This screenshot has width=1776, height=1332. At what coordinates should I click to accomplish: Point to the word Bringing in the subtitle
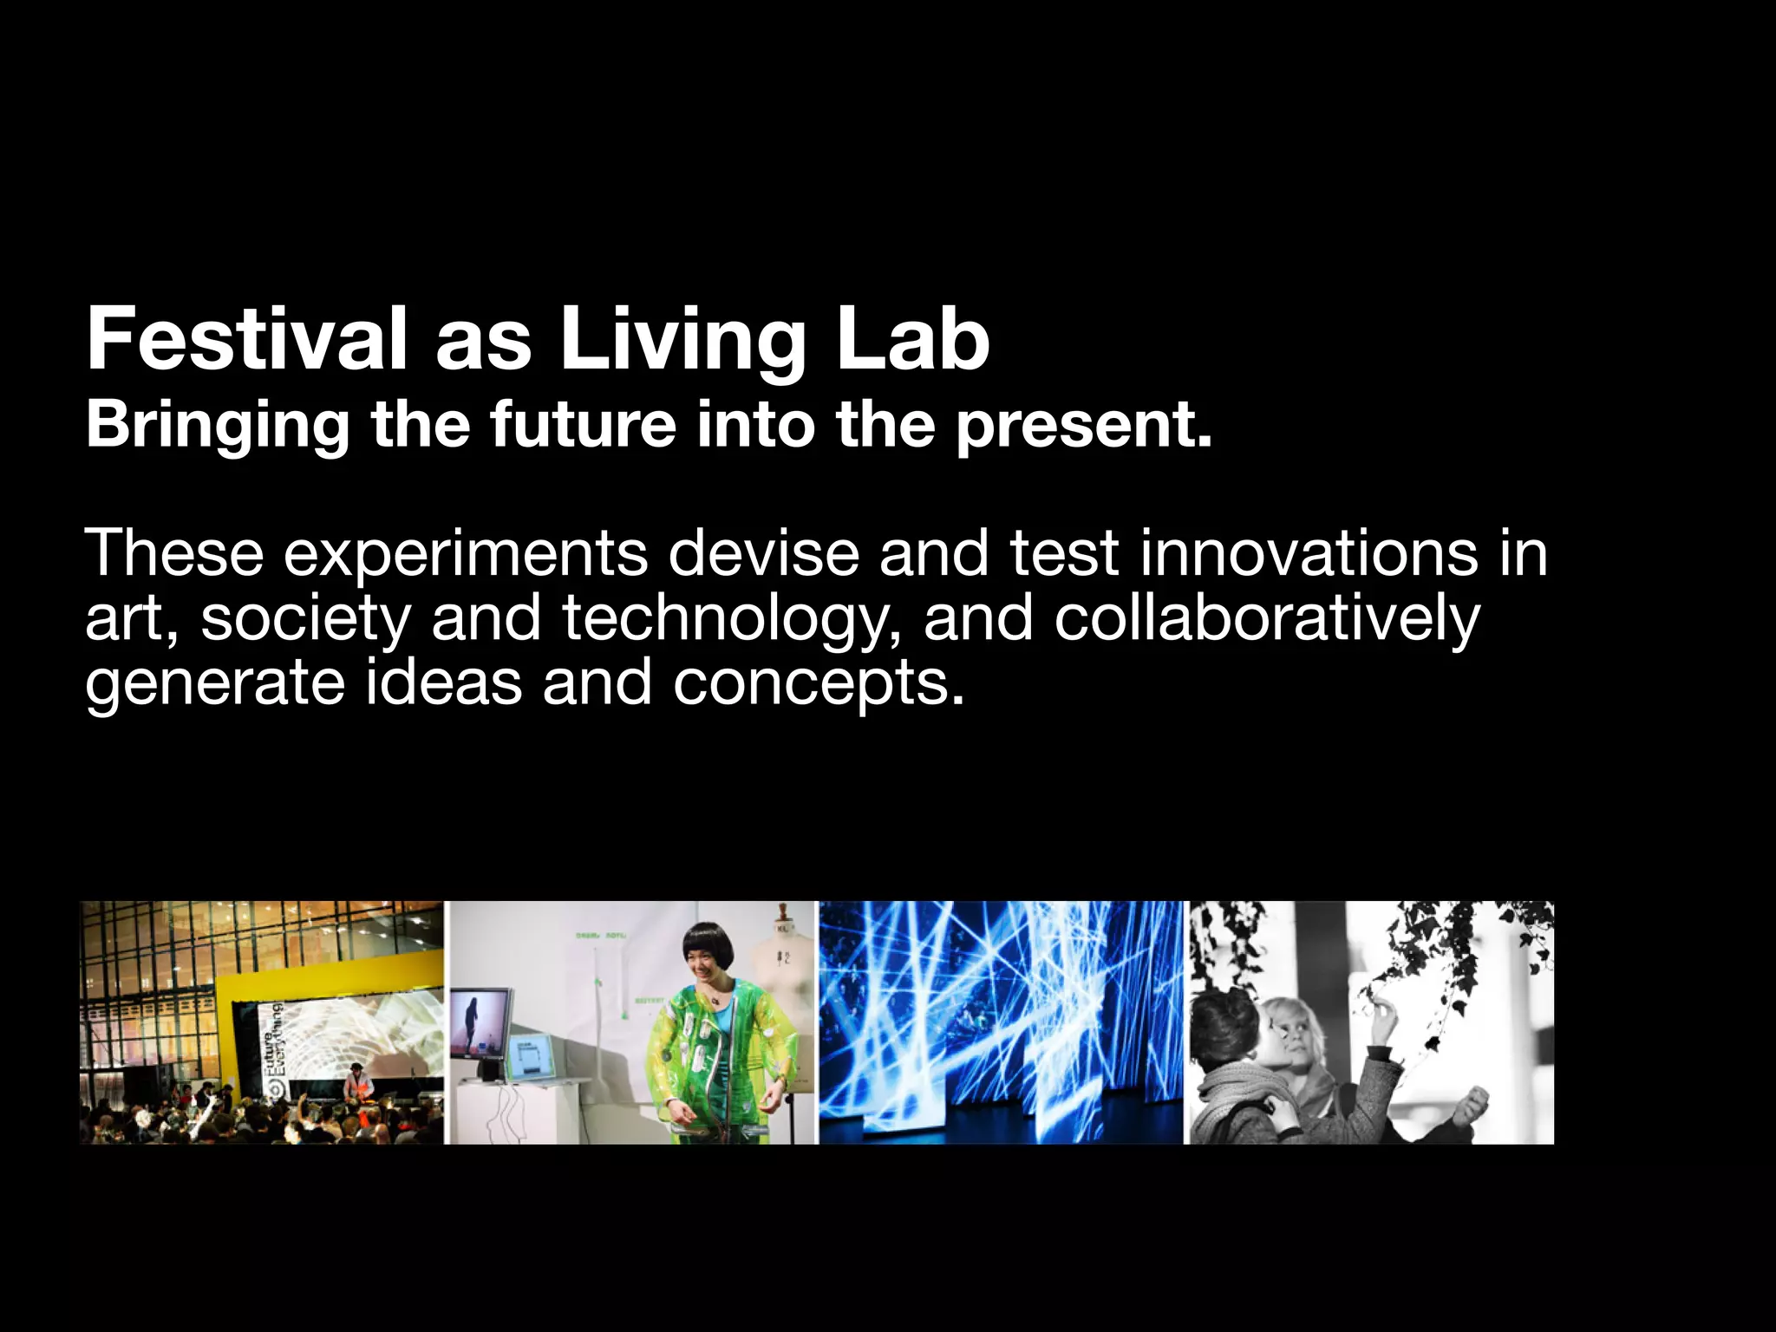[x=218, y=425]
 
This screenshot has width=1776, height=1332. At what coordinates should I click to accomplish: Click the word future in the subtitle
[x=582, y=425]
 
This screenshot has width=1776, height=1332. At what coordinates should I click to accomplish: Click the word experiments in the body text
[x=466, y=553]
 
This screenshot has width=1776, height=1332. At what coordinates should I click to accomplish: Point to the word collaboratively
[x=1267, y=619]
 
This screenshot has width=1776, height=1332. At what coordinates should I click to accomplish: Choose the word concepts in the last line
[x=818, y=683]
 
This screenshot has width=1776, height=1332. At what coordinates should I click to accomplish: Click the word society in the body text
[x=305, y=619]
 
